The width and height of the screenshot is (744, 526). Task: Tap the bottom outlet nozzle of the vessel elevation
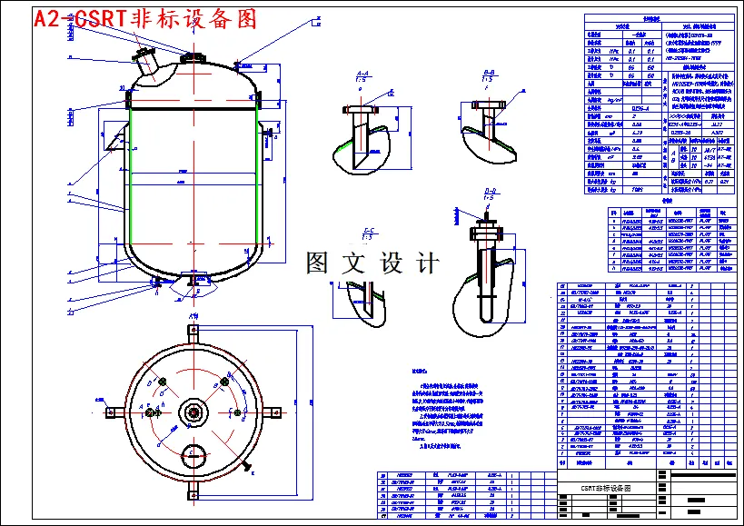[x=193, y=279]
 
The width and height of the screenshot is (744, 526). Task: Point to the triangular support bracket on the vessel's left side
[x=113, y=140]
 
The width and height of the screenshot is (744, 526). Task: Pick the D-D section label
[x=490, y=193]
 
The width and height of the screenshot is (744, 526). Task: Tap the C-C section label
[x=369, y=232]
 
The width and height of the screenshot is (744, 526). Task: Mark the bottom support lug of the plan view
[x=193, y=491]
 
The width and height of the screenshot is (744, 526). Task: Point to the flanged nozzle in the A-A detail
[x=358, y=118]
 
